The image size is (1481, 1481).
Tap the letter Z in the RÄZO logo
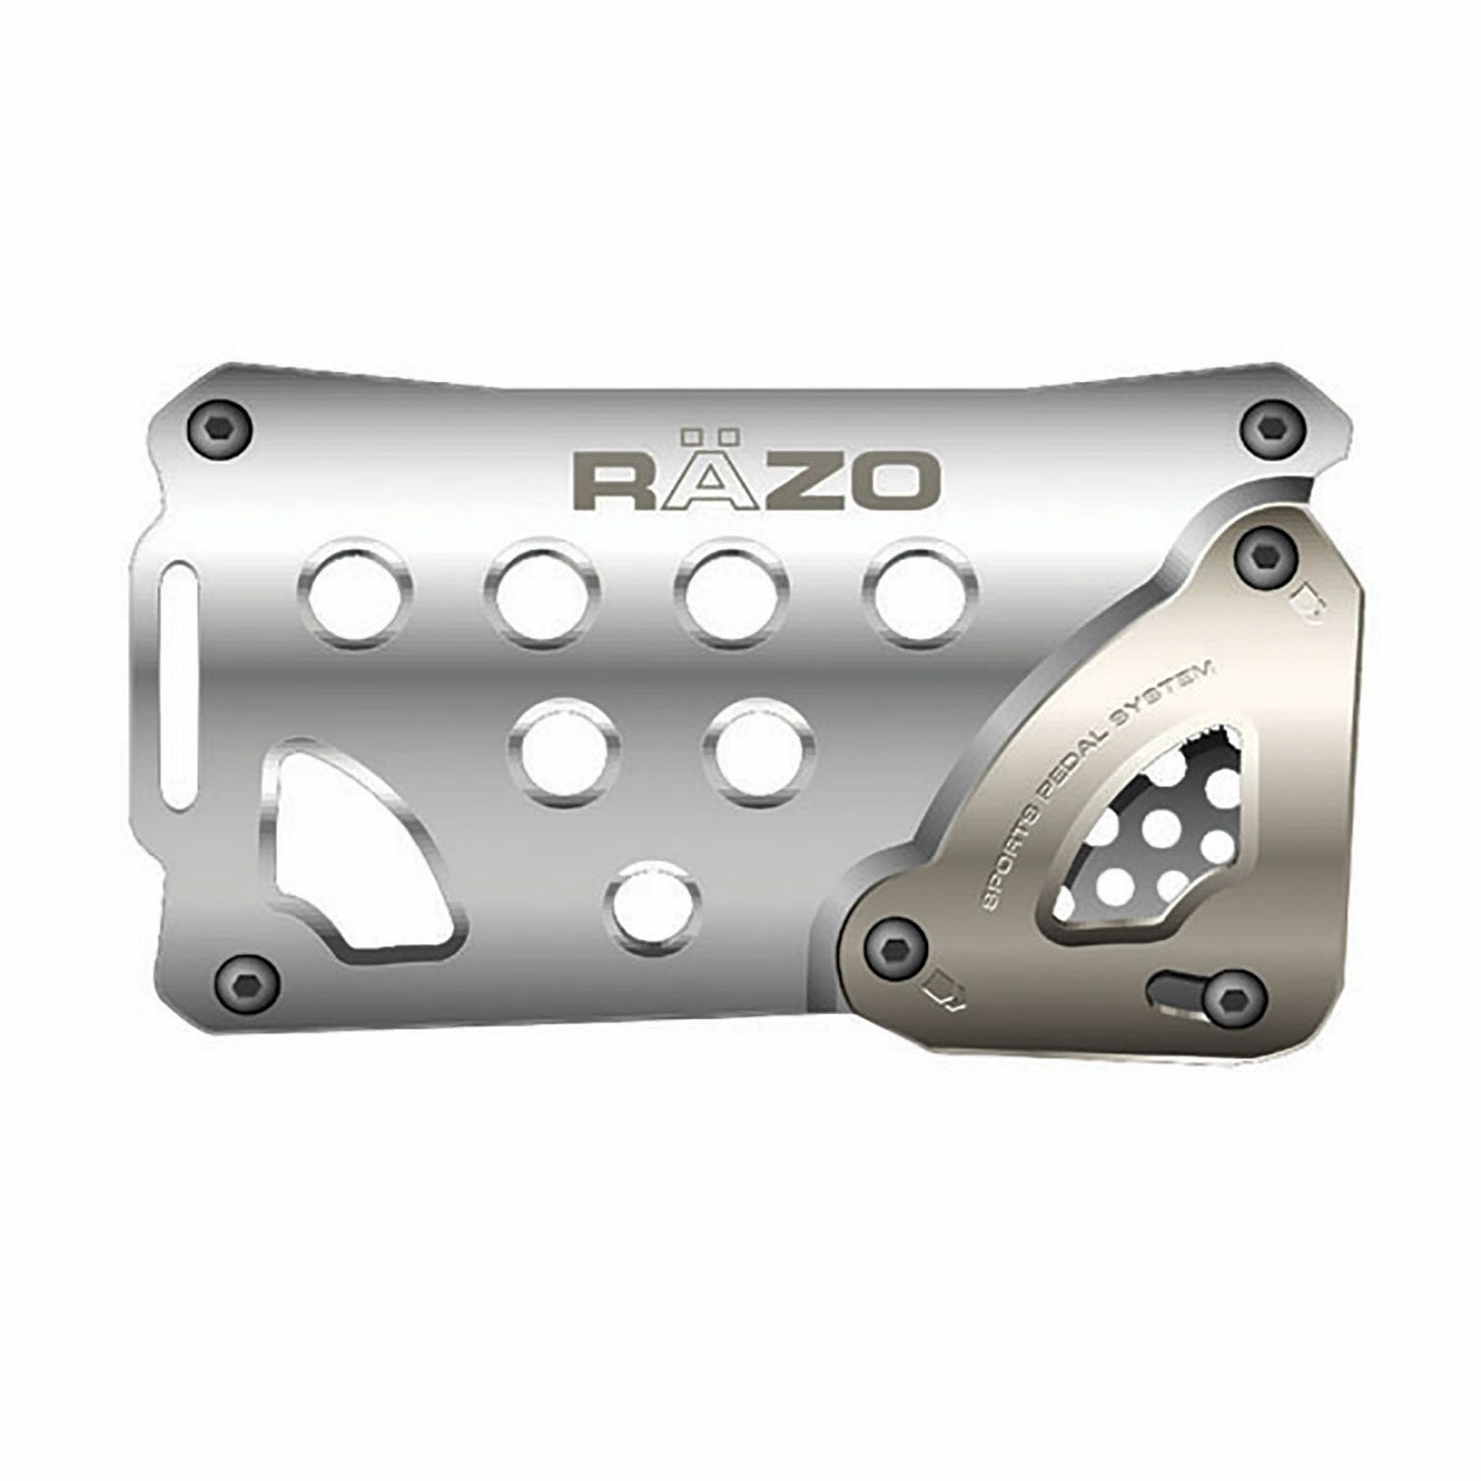pos(787,481)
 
